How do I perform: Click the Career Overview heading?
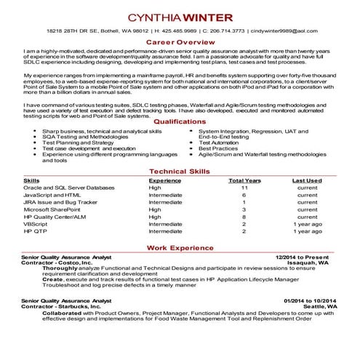click(180, 43)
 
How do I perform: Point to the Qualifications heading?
click(180, 121)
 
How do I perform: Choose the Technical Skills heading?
click(180, 170)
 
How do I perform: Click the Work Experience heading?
click(180, 248)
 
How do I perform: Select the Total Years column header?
click(244, 180)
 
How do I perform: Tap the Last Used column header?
click(307, 180)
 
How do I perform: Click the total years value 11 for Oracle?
click(244, 188)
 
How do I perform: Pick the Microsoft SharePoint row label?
click(52, 209)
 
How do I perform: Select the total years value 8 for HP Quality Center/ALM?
click(244, 217)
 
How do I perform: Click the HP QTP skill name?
click(35, 231)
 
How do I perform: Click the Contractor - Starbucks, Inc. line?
click(62, 307)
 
